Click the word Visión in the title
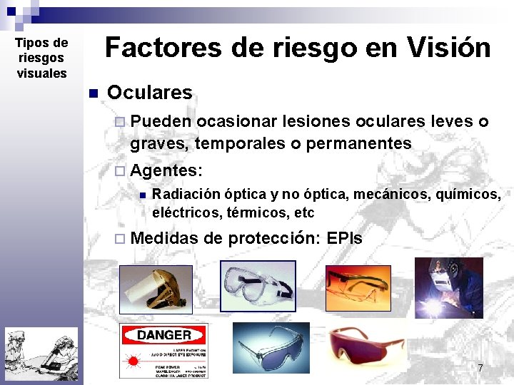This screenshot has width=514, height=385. point(449,48)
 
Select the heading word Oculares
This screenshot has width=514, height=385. point(149,93)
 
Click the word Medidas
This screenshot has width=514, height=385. point(164,238)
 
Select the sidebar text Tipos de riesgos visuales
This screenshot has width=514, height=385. point(41,58)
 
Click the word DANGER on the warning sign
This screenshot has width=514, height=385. point(163,334)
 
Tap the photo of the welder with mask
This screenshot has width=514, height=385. point(449,288)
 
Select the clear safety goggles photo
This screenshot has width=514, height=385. point(258,286)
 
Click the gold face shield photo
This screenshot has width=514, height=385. point(156,289)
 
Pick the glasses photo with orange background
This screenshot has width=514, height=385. point(358,287)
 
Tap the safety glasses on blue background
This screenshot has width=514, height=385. point(271,347)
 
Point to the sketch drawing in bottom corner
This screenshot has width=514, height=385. point(41,355)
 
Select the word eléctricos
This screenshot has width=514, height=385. point(185,212)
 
